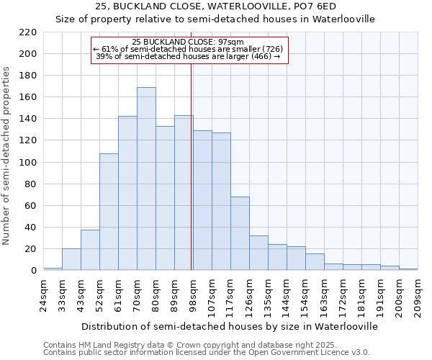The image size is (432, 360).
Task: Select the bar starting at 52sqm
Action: [x=109, y=212]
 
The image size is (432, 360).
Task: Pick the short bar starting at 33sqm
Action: [x=71, y=260]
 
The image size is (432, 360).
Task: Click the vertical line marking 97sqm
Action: [x=191, y=166]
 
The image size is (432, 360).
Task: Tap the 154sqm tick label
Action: [x=305, y=294]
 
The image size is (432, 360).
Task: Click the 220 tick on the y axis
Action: [x=28, y=32]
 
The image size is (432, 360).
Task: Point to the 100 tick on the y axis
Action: [x=28, y=163]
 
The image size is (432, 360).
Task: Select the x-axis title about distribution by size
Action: [x=230, y=326]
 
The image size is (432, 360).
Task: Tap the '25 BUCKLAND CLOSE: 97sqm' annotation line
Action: [x=189, y=42]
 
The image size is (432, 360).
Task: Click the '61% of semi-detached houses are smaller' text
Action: [x=189, y=49]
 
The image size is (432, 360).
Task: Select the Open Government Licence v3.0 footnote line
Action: [x=207, y=352]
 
